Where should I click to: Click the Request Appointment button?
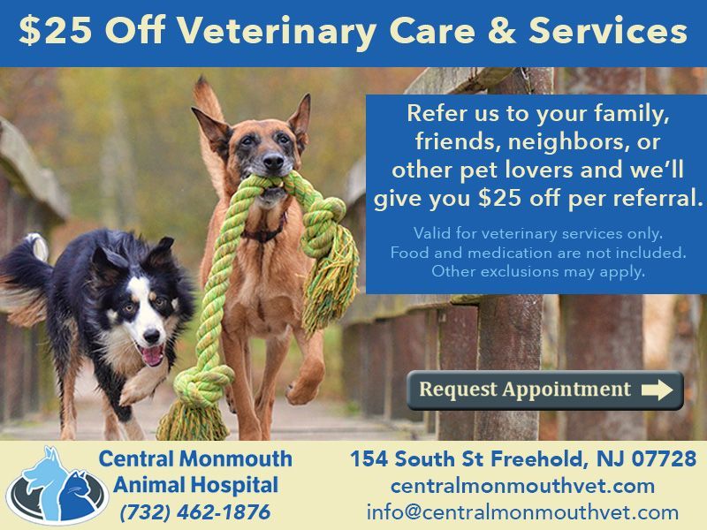click(545, 390)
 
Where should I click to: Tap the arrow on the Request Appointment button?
click(657, 390)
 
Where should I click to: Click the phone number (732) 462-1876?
click(195, 512)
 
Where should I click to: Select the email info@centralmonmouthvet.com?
click(522, 512)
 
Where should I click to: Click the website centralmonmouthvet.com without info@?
click(522, 486)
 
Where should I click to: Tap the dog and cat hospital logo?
click(57, 485)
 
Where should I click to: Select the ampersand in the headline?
click(502, 31)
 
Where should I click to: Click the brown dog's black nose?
click(273, 161)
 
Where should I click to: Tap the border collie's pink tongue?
click(152, 355)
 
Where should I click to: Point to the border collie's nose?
click(151, 336)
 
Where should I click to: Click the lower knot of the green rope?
click(203, 384)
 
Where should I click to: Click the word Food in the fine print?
click(405, 253)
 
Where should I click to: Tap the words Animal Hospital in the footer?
click(195, 485)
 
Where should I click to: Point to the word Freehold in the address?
click(539, 458)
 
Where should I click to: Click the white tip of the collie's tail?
click(38, 245)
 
